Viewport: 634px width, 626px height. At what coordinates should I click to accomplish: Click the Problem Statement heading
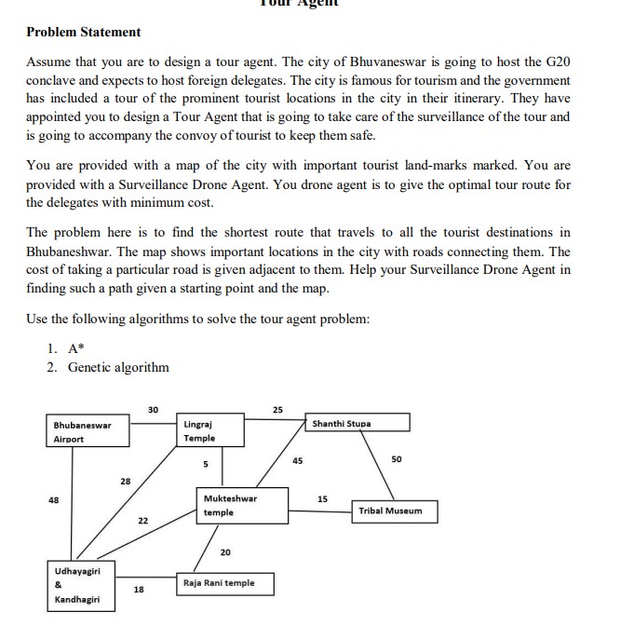click(x=83, y=32)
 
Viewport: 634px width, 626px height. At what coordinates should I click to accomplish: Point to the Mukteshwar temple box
click(x=236, y=506)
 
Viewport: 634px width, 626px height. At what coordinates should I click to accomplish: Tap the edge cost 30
click(x=153, y=408)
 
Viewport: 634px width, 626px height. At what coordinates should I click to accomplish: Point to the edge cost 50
click(x=396, y=460)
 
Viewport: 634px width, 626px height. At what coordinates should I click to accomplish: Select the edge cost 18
click(x=139, y=589)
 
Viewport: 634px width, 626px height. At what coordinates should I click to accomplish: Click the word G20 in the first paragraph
click(x=556, y=61)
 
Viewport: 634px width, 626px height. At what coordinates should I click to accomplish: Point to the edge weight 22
click(x=142, y=520)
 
